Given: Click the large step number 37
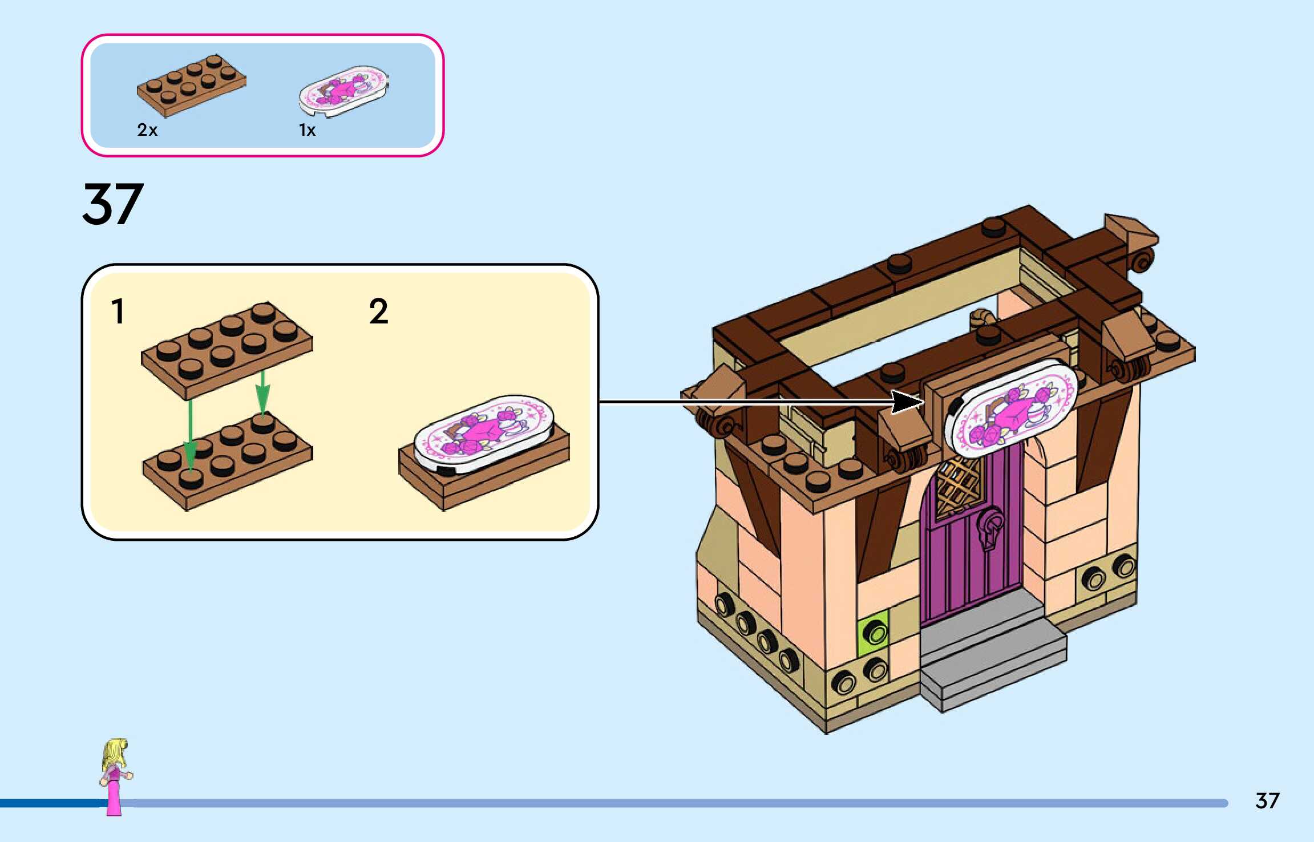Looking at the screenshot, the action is pos(113,204).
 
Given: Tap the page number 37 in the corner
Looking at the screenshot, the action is pos(1267,801).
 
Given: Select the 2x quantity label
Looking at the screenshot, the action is pos(147,130).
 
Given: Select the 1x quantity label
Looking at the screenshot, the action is pos(307,130).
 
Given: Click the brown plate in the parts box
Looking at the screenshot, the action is pos(192,85).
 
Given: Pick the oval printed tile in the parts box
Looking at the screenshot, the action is pos(344,91).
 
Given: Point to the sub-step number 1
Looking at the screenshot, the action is pos(118,311).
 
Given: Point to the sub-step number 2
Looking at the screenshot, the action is pos(378,311).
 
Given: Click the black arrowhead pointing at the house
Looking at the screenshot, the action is pos(908,402).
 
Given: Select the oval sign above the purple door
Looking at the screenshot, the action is pos(1010,408).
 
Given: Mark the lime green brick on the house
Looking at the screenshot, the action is pos(873,629).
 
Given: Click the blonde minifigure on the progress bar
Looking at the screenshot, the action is pos(116,776).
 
